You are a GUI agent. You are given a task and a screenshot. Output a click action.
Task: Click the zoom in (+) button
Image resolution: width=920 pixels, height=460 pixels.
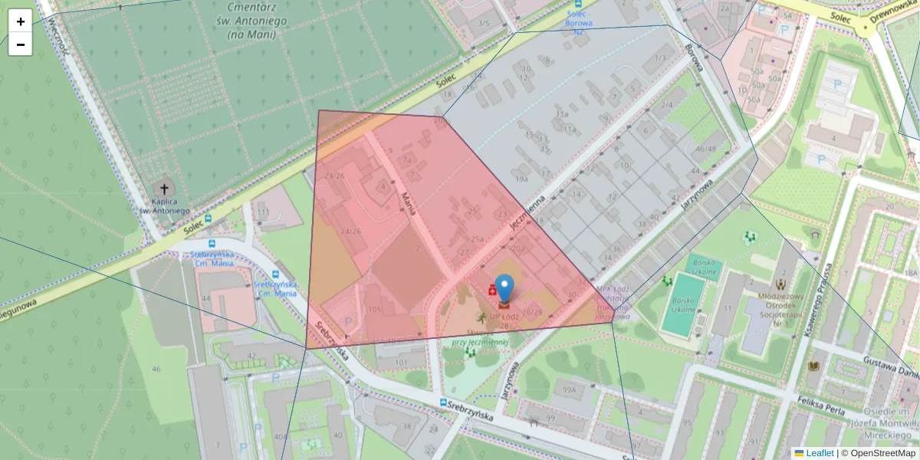(21, 21)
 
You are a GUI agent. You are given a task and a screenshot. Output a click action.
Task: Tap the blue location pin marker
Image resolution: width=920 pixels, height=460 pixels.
(504, 289)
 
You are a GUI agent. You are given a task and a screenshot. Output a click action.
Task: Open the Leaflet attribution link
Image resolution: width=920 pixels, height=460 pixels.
(820, 453)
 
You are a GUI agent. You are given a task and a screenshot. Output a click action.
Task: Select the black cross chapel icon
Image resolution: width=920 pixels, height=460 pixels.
(163, 189)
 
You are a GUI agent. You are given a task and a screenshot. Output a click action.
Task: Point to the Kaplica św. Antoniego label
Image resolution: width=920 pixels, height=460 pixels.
(163, 205)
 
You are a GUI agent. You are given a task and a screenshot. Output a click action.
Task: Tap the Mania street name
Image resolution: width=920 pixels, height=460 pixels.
(409, 203)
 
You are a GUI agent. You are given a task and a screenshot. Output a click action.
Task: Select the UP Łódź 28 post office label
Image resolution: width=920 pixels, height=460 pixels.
(504, 320)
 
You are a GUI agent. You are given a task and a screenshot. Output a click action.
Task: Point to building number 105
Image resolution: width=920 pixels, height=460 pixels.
(374, 309)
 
